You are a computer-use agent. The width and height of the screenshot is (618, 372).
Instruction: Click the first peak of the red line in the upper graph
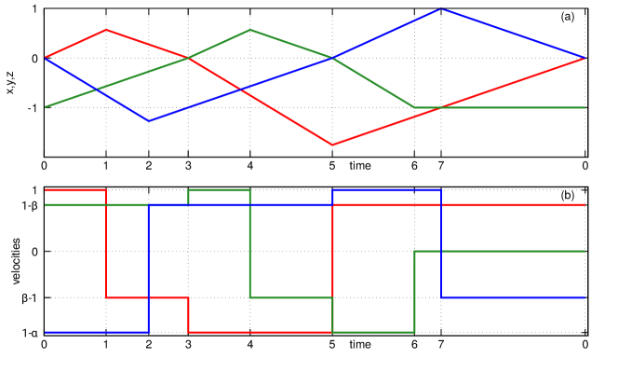106,30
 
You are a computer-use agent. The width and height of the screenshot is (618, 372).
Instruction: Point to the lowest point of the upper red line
332,145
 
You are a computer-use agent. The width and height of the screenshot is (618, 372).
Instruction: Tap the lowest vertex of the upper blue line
149,121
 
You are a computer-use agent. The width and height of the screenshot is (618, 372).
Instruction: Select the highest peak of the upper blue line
441,9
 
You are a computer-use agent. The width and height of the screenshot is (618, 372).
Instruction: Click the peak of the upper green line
249,30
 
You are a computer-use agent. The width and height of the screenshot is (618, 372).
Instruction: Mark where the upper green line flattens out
415,107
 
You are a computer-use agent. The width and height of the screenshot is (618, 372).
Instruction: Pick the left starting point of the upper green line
45,107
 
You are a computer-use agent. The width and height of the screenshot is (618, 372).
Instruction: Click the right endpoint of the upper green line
584,107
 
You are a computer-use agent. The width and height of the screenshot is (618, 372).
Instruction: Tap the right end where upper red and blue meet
584,58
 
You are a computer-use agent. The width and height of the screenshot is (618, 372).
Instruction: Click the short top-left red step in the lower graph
74,190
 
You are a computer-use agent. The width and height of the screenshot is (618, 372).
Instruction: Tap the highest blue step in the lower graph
386,190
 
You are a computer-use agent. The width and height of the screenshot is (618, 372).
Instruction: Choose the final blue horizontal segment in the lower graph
513,297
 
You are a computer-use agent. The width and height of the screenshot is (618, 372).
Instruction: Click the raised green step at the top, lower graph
219,190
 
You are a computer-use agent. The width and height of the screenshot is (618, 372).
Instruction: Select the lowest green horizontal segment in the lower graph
373,332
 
